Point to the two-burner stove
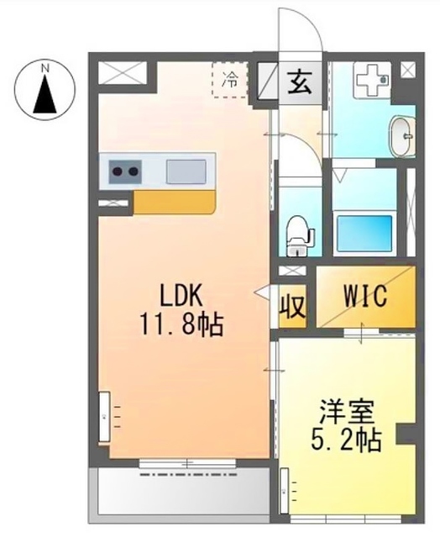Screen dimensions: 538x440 click(123, 172)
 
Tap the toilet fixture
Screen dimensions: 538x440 click(297, 235)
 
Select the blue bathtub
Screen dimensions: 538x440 click(363, 232)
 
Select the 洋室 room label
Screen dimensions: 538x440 click(343, 413)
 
